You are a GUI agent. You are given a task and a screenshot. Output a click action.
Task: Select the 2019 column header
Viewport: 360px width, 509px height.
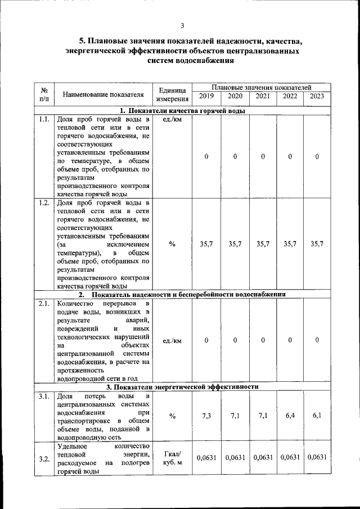[206, 96]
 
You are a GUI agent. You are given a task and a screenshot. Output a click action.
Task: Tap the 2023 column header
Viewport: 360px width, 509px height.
[317, 96]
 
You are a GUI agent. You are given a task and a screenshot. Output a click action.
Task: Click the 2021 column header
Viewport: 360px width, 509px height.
[263, 96]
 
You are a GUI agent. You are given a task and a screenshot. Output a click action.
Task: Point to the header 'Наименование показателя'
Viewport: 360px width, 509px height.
[103, 94]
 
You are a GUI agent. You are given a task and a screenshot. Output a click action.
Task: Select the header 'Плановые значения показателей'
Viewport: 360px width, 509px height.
[262, 87]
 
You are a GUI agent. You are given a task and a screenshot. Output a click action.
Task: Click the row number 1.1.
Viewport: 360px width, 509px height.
[44, 120]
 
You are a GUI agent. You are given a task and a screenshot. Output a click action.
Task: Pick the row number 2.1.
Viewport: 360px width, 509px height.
[44, 304]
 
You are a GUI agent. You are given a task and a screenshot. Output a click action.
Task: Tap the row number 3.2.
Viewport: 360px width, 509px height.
[44, 458]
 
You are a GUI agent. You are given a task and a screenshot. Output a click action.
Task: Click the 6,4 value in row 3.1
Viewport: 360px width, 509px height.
[290, 416]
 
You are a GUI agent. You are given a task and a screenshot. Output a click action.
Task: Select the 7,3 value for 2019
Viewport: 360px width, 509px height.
[206, 416]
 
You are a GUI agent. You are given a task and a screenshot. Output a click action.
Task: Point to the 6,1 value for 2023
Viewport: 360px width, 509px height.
[317, 416]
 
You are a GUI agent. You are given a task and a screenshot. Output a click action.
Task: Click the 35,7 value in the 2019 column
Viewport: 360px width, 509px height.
[206, 244]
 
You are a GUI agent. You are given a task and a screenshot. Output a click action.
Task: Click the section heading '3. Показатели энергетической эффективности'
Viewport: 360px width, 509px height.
[183, 387]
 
